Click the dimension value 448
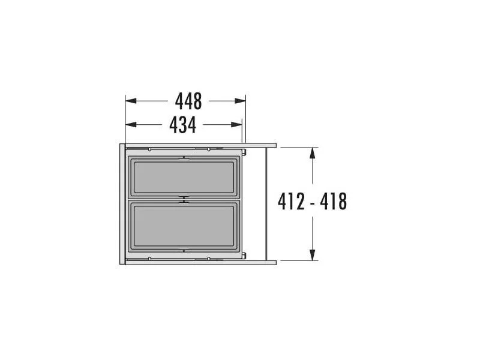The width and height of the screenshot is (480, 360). pyautogui.click(x=188, y=101)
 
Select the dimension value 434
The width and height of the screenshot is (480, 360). pyautogui.click(x=182, y=125)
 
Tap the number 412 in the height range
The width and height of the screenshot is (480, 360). pyautogui.click(x=291, y=202)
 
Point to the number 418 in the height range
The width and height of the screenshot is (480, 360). pyautogui.click(x=334, y=202)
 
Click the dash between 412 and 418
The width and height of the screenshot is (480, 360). pyautogui.click(x=313, y=203)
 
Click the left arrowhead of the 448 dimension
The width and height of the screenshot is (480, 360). pyautogui.click(x=131, y=101)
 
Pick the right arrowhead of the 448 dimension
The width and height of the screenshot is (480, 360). pyautogui.click(x=240, y=101)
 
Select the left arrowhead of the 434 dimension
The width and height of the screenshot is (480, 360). pyautogui.click(x=131, y=125)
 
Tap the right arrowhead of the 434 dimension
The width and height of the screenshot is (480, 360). pyautogui.click(x=236, y=125)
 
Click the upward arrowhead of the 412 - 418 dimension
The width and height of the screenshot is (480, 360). pyautogui.click(x=312, y=153)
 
